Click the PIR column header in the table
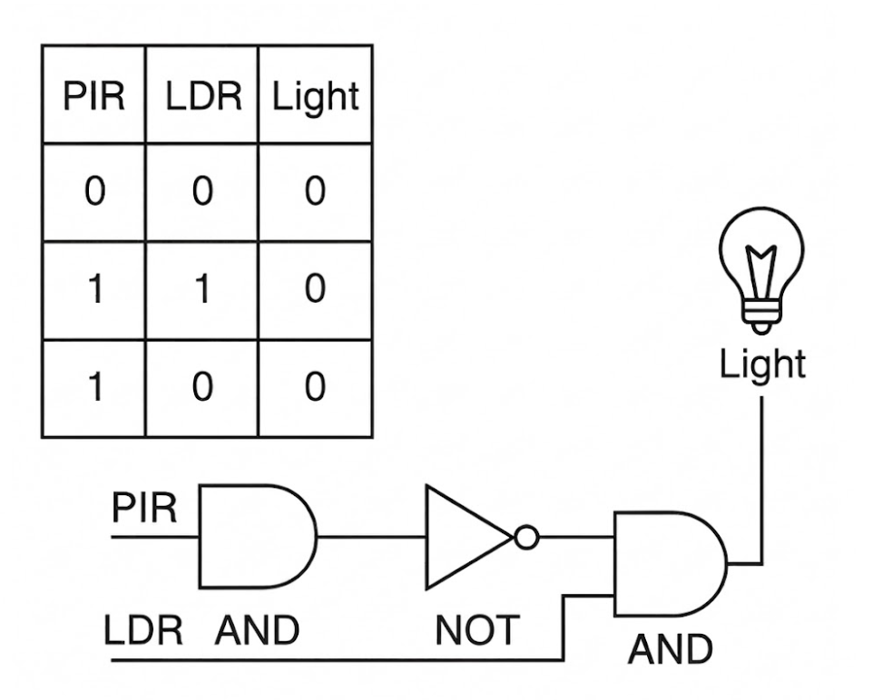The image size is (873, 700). click(x=93, y=96)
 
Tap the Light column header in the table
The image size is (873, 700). click(x=315, y=97)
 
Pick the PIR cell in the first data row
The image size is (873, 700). click(x=94, y=190)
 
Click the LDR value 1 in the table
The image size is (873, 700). click(x=202, y=288)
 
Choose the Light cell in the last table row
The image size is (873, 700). click(x=315, y=387)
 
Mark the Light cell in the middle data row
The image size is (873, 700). click(x=315, y=288)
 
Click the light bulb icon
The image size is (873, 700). click(x=761, y=271)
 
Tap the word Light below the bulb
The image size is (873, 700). click(x=762, y=365)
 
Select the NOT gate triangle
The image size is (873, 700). click(x=469, y=537)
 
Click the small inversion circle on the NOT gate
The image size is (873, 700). click(x=526, y=538)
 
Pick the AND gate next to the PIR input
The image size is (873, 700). click(x=258, y=537)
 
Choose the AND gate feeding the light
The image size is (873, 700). click(x=671, y=564)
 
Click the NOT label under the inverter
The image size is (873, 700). click(x=477, y=630)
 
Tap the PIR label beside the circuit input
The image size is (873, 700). click(x=144, y=508)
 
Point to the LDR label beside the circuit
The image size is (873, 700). click(x=143, y=630)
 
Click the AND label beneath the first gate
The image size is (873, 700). click(x=257, y=630)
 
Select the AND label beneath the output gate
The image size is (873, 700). click(x=670, y=649)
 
